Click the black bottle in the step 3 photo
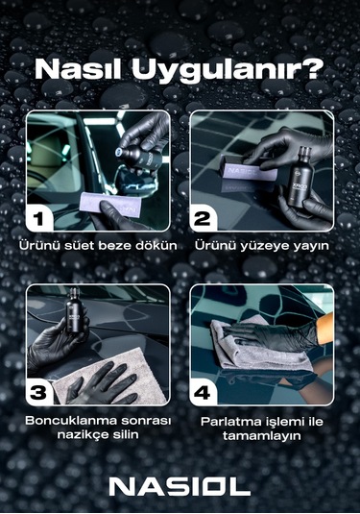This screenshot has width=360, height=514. coord(71,327)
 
